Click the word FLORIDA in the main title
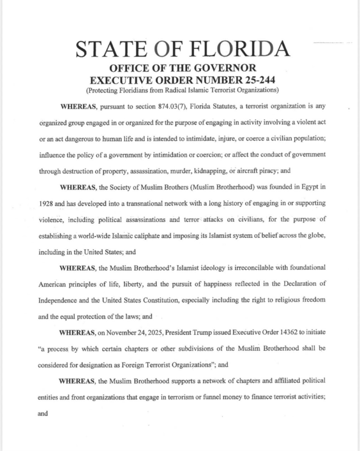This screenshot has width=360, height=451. (x=243, y=48)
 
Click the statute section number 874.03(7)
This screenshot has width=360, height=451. (x=175, y=107)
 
